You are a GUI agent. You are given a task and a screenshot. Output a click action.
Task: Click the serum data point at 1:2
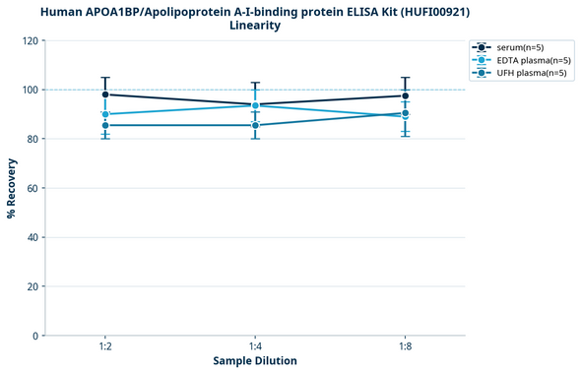[105, 94]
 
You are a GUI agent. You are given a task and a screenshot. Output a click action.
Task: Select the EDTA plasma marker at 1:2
[105, 114]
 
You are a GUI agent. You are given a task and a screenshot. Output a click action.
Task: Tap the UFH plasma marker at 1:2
[105, 125]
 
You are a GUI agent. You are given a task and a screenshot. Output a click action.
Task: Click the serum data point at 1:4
[255, 104]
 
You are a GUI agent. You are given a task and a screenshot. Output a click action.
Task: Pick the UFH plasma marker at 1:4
[255, 125]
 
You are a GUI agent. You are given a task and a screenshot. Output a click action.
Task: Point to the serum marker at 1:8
[405, 95]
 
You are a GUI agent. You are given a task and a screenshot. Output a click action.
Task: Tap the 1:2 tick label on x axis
[105, 347]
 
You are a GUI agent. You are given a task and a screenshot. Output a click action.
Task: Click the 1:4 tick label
[255, 347]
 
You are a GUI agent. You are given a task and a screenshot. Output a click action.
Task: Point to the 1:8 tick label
[405, 347]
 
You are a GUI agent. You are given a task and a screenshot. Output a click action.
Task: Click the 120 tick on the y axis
[30, 40]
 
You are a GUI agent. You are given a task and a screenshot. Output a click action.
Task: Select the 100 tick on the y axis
[30, 90]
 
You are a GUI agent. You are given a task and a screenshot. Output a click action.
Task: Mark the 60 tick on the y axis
[32, 188]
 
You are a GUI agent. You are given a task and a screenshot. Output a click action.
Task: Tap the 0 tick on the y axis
[35, 336]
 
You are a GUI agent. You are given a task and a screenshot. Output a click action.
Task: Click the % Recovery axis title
[12, 188]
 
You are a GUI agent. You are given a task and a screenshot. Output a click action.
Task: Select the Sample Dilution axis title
[255, 361]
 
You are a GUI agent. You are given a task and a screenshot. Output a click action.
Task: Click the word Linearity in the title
[255, 26]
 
